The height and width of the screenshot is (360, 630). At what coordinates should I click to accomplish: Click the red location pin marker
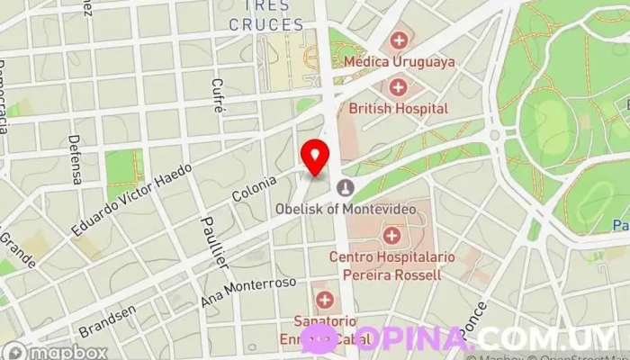tap(315, 157)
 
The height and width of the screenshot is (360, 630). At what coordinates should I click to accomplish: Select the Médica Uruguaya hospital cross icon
tap(398, 40)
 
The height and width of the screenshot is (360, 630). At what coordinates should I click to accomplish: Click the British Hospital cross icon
tap(398, 87)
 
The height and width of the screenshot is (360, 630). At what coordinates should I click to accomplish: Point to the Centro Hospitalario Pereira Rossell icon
tap(391, 237)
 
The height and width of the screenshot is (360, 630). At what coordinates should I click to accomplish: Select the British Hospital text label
tap(398, 108)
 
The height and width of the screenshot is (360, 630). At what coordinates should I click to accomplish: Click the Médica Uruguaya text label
tap(400, 62)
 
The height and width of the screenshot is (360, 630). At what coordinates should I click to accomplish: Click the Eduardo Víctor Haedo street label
tap(131, 200)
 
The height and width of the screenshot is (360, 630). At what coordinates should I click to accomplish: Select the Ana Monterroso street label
tap(249, 293)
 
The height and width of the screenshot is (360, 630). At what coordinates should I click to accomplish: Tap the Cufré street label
tap(217, 94)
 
